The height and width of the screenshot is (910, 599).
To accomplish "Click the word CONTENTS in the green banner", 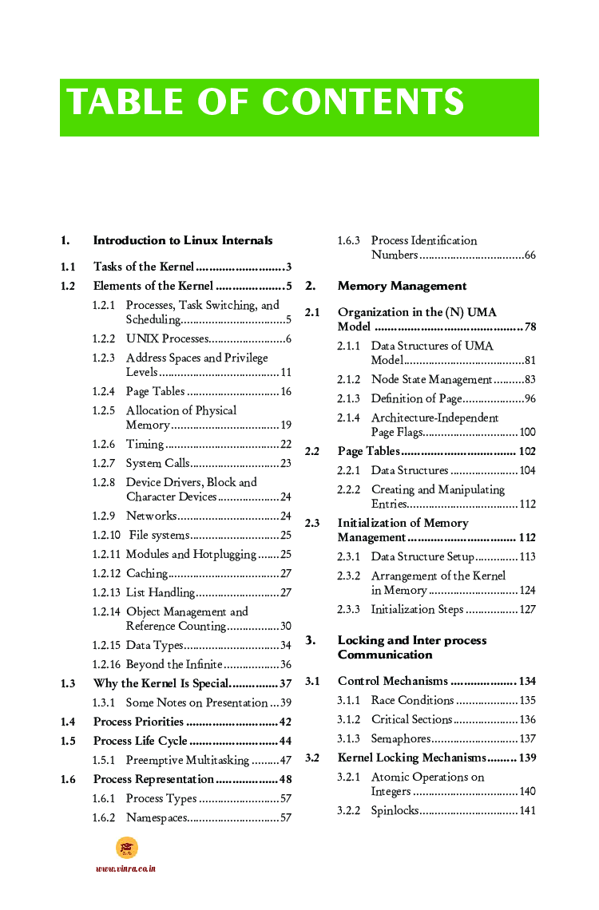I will pos(363,103).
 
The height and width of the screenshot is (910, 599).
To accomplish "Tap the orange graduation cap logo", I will pos(126,848).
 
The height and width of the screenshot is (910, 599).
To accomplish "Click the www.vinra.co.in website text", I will pos(125,868).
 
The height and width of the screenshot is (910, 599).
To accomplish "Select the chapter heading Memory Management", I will pos(402,286).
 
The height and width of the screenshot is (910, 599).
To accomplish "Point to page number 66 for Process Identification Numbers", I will pos(530,255).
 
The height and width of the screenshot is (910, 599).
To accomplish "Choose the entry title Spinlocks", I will pos(395,811).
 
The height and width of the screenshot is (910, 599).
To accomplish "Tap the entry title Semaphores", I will pos(400,739).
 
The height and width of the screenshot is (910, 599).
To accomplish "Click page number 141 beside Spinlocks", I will pos(527,811).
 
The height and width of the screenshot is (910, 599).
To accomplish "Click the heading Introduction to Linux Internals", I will pos(183,240).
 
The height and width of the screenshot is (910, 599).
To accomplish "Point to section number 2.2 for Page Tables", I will pos(312,452).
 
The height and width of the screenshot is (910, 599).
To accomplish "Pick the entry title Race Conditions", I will pos(412,701).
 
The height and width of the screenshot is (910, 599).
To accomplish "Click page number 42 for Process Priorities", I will pos(285,722).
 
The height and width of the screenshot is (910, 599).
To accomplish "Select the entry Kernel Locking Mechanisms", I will pos(411,758).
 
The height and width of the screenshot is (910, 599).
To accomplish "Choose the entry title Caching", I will pos(147,574).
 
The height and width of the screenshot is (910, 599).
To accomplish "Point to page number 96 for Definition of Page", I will pos(530,399).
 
